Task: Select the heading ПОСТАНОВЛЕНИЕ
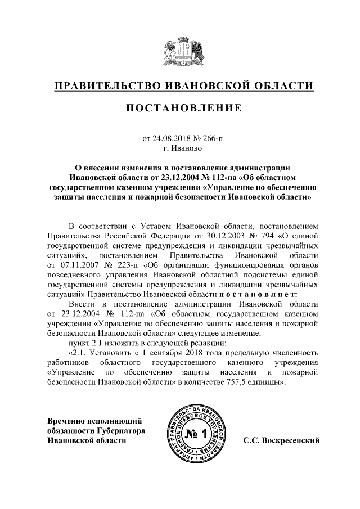[x=180, y=107]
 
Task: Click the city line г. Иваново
[x=180, y=149]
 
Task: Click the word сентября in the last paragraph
[x=168, y=353]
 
